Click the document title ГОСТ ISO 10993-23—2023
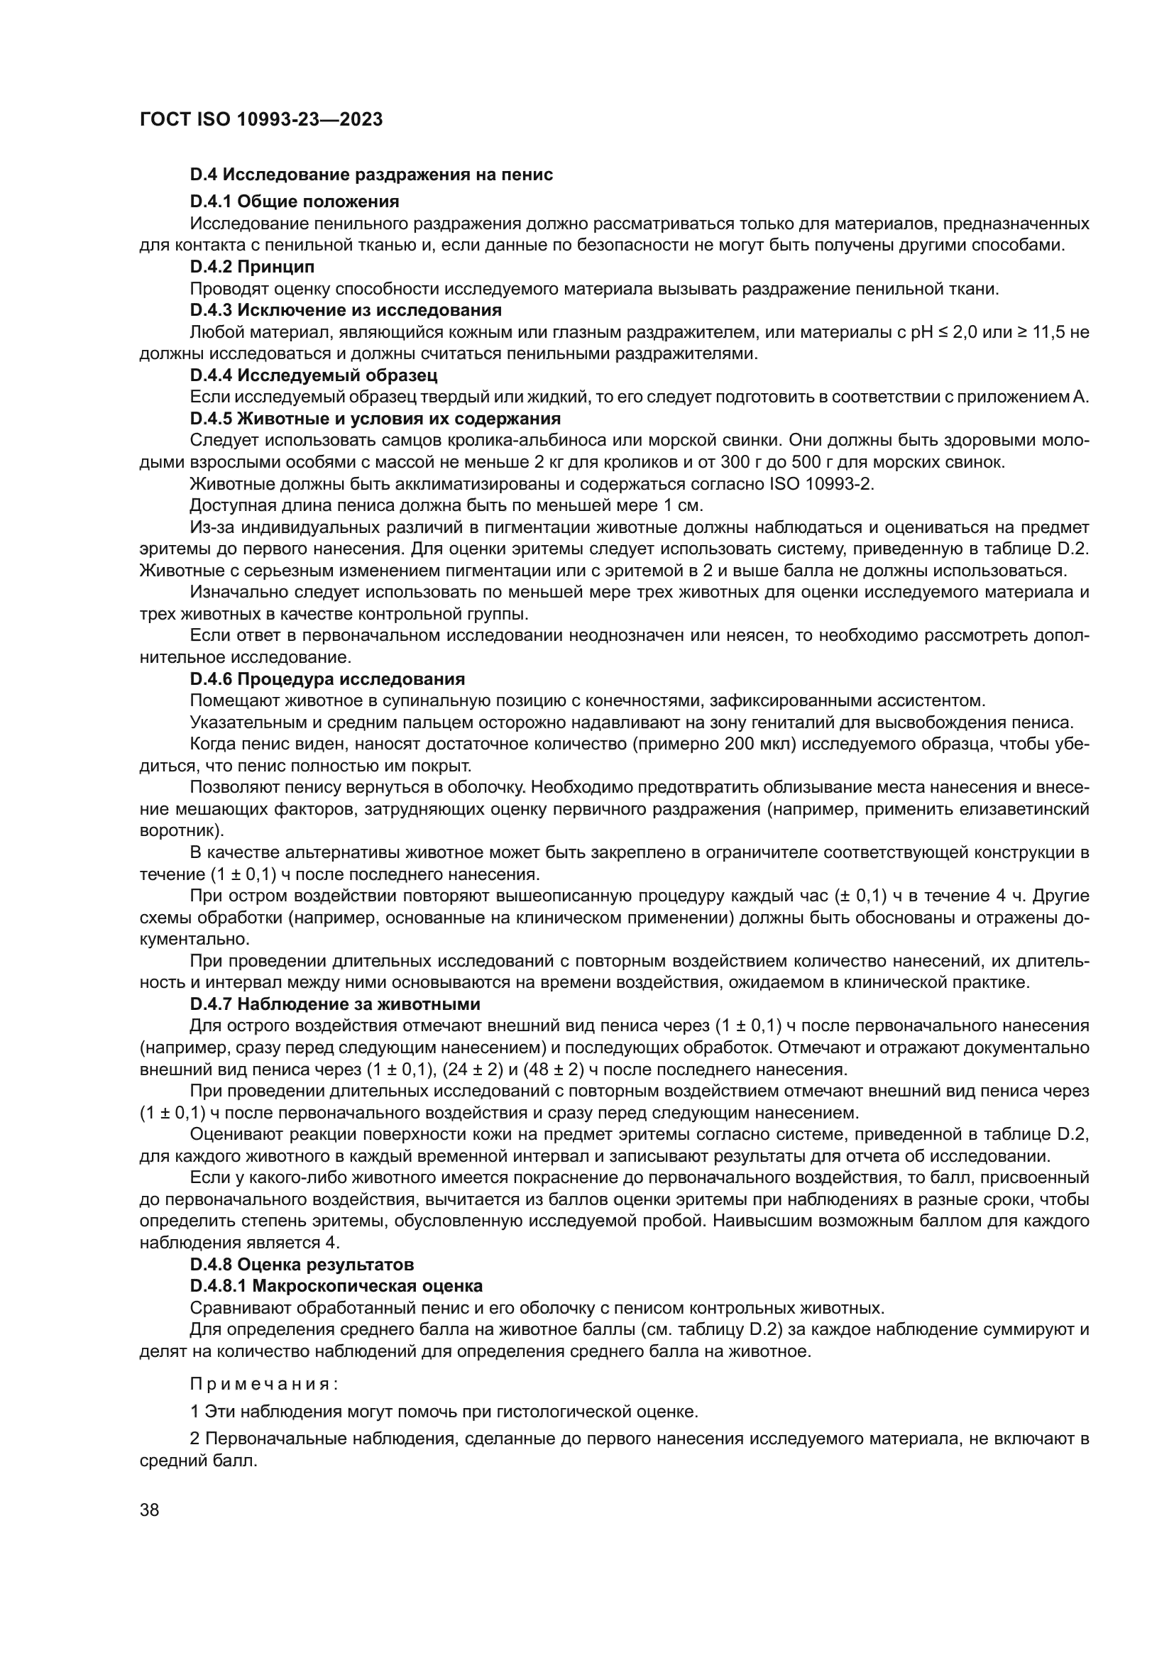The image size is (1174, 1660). click(x=260, y=120)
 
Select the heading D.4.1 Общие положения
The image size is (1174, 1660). click(x=295, y=201)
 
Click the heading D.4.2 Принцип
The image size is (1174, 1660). click(x=252, y=267)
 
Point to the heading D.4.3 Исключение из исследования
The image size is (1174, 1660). click(x=346, y=310)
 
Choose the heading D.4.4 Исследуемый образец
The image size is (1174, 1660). click(x=313, y=375)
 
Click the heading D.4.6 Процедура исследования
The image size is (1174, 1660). click(x=327, y=679)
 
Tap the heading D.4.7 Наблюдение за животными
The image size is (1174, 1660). click(x=335, y=1004)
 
